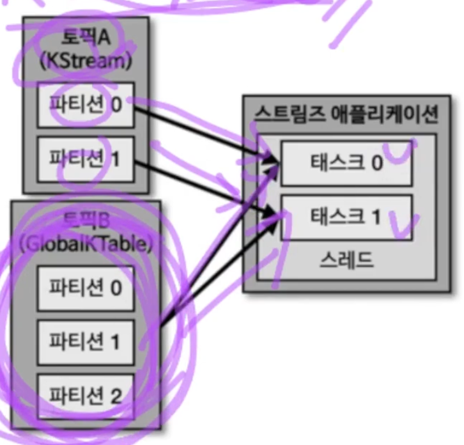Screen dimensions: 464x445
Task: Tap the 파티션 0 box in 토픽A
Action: tap(86, 104)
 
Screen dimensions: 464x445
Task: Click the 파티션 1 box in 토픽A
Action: tap(86, 159)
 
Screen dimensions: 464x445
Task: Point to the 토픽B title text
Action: tap(86, 222)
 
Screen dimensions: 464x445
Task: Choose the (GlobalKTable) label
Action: tap(86, 245)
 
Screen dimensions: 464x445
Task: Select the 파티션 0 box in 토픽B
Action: tap(86, 288)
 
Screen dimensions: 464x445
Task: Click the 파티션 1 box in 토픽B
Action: tap(86, 342)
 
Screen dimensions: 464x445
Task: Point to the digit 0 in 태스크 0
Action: tap(376, 163)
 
